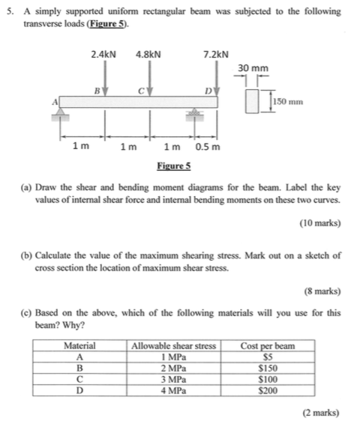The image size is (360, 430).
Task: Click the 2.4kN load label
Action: click(x=103, y=55)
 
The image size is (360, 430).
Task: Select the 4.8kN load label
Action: click(x=148, y=55)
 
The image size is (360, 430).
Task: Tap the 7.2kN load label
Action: click(x=216, y=55)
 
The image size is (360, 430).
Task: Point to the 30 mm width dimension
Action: click(x=253, y=68)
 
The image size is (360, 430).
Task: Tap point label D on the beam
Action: click(x=208, y=90)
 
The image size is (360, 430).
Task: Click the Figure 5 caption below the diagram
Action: click(x=174, y=165)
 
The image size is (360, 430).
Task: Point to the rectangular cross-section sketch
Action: click(x=260, y=101)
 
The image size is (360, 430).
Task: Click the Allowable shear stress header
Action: click(x=174, y=346)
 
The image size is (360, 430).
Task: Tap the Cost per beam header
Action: click(x=268, y=346)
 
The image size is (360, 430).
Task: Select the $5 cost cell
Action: click(x=268, y=357)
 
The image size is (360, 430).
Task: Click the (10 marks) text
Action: click(x=319, y=223)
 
